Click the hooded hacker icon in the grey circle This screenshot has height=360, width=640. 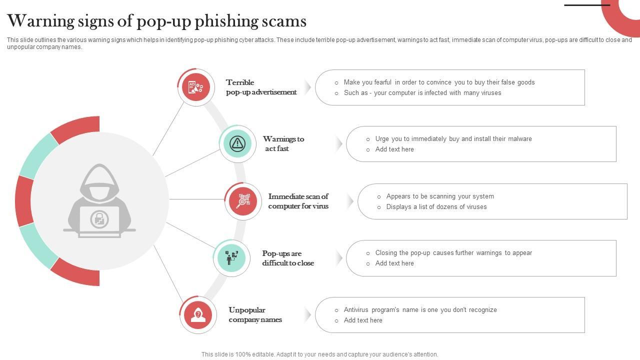click(99, 200)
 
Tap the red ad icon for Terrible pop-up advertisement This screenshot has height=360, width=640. click(195, 87)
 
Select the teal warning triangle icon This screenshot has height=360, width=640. click(237, 143)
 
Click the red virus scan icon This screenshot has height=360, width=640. click(243, 201)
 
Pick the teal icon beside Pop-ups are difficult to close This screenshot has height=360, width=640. click(231, 258)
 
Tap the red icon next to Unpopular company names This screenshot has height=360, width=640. click(198, 315)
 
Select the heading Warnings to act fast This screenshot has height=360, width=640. click(283, 143)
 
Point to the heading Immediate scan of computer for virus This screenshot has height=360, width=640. click(298, 201)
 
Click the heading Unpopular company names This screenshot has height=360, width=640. click(255, 315)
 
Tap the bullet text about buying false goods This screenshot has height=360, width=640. click(439, 82)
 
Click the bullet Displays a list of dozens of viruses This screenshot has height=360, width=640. click(436, 207)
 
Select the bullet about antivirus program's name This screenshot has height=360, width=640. click(420, 310)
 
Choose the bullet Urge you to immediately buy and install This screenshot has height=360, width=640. click(453, 139)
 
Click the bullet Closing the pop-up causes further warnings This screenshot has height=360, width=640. click(453, 253)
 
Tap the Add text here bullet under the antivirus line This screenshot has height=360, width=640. click(363, 320)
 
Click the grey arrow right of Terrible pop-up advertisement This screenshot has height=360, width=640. click(307, 87)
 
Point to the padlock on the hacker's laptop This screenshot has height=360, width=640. click(99, 219)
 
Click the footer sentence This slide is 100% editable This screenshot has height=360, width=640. click(319, 354)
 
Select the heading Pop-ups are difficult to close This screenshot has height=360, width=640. click(288, 258)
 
